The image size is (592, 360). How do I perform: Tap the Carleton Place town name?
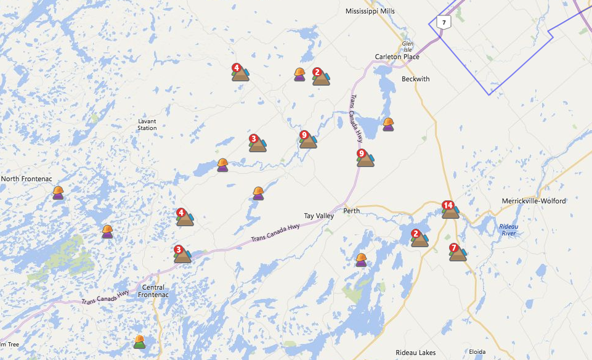pos(397,57)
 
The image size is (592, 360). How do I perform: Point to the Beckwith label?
pos(415,79)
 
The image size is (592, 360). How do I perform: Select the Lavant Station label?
pos(147,125)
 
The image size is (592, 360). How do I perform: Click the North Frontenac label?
pos(26,179)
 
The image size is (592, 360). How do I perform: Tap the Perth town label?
pos(351,211)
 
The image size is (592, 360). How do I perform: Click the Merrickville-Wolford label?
pos(533,201)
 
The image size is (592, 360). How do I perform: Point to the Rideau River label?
pos(508,229)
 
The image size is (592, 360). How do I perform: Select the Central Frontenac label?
pos(154,291)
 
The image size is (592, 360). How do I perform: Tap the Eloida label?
pos(477,353)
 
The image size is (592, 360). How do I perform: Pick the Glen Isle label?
pos(407,47)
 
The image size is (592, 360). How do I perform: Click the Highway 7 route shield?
pos(443,22)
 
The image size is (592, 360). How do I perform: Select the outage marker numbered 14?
pos(450,210)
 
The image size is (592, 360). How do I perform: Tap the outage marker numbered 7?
pos(458,252)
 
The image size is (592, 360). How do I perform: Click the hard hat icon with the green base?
pos(140,342)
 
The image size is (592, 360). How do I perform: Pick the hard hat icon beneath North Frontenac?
pos(58,193)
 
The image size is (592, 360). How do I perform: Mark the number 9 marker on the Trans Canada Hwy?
pos(365,158)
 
